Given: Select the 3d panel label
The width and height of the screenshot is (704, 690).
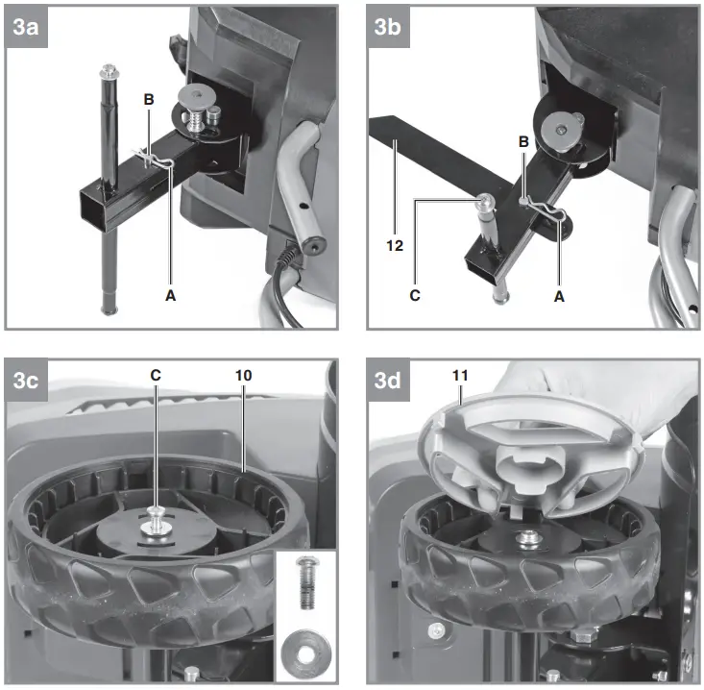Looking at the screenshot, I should pos(387,382).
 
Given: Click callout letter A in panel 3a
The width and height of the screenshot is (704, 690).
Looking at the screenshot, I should pos(171,297).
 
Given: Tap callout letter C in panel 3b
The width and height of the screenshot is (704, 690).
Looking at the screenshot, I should pos(415,297).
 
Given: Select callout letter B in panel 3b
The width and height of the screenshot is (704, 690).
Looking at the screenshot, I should pos(522,141).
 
